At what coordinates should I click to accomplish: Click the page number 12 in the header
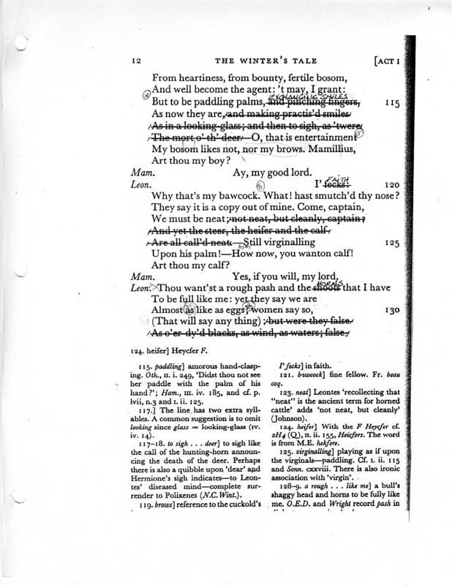[136, 61]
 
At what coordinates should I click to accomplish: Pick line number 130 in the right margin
[391, 310]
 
